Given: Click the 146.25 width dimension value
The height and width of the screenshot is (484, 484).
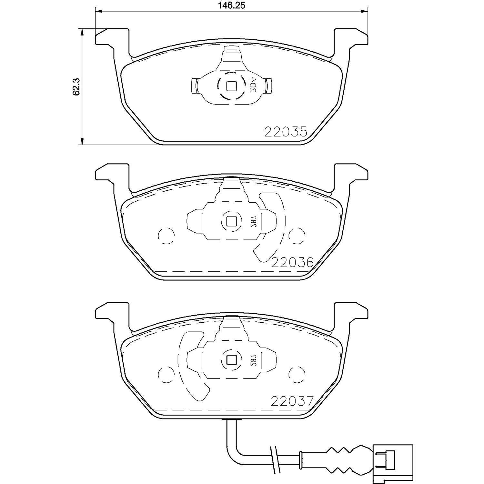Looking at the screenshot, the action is (x=232, y=6).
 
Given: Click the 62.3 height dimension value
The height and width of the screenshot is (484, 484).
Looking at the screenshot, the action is (x=76, y=87).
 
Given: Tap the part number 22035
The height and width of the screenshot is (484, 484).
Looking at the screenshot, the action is (x=286, y=132).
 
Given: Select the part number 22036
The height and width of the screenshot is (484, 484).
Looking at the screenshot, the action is (x=292, y=263).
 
